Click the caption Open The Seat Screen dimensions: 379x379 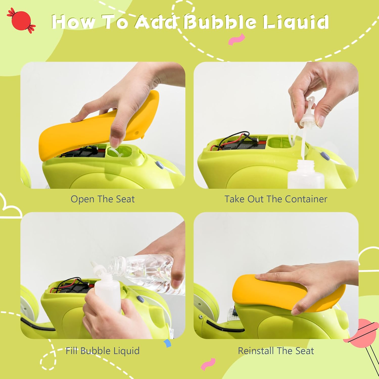tap(103, 199)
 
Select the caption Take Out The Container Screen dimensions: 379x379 tap(276, 199)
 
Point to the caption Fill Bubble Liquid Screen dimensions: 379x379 tap(103, 351)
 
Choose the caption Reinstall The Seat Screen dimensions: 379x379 tap(276, 351)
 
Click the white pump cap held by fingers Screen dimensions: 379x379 tap(308, 116)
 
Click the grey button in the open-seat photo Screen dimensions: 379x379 tap(159, 165)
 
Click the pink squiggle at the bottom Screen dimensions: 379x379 tap(208, 365)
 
